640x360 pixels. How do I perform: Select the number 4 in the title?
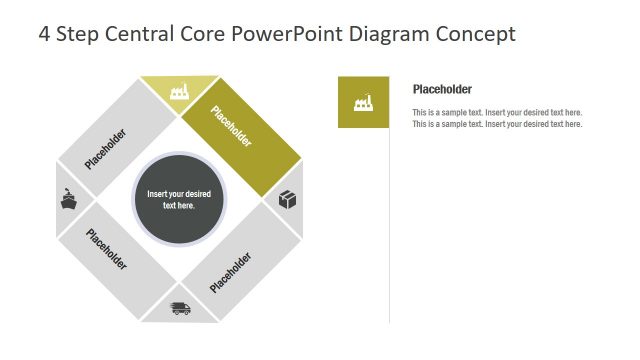[44, 34]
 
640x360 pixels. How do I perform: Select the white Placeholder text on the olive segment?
[231, 126]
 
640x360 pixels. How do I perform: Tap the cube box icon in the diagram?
[288, 200]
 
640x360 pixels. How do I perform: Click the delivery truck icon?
[180, 309]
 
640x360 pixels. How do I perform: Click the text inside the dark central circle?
[178, 199]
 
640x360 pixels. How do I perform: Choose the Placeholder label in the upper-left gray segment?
[106, 148]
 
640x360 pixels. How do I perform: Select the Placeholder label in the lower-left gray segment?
[107, 250]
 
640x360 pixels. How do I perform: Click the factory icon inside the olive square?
[363, 102]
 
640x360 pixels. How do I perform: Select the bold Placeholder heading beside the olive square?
[442, 89]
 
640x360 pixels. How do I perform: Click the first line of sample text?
[497, 113]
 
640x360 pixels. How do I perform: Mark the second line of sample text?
[497, 124]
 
